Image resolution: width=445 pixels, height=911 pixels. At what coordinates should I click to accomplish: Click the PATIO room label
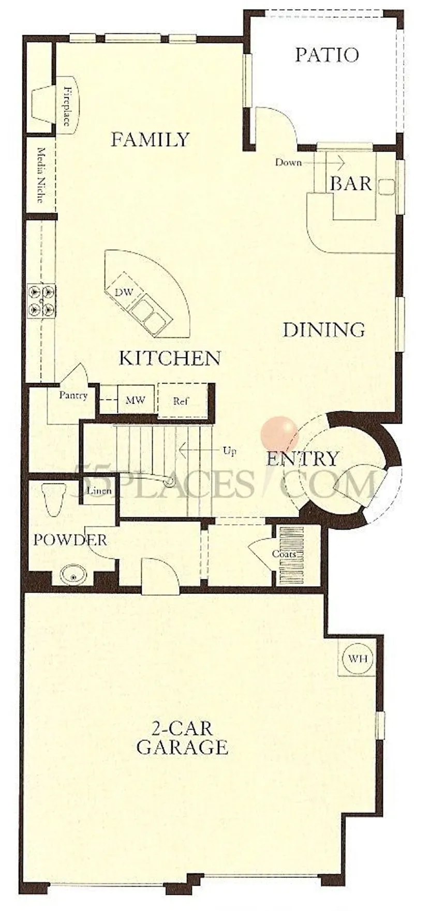point(327,55)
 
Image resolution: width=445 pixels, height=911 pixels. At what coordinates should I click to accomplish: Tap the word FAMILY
point(151,140)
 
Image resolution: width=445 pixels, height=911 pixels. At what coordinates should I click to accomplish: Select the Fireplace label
point(67,107)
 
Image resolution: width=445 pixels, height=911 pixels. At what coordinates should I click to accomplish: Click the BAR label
point(351,183)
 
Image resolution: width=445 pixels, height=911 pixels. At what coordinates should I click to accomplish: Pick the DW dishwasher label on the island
point(124,293)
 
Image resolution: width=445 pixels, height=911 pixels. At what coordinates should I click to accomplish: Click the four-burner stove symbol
point(41,300)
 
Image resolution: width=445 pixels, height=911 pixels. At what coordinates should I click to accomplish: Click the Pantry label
point(73,396)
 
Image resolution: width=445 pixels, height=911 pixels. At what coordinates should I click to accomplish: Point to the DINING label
point(324,330)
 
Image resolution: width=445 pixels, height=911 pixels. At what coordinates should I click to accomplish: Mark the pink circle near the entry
point(279,433)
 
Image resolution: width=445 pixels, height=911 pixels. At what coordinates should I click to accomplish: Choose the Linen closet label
point(100,491)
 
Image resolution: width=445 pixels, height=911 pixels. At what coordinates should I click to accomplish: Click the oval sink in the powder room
point(71,574)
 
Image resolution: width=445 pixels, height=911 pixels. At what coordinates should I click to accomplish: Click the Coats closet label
point(285,554)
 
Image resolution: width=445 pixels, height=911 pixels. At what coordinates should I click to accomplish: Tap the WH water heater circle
point(358,659)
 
